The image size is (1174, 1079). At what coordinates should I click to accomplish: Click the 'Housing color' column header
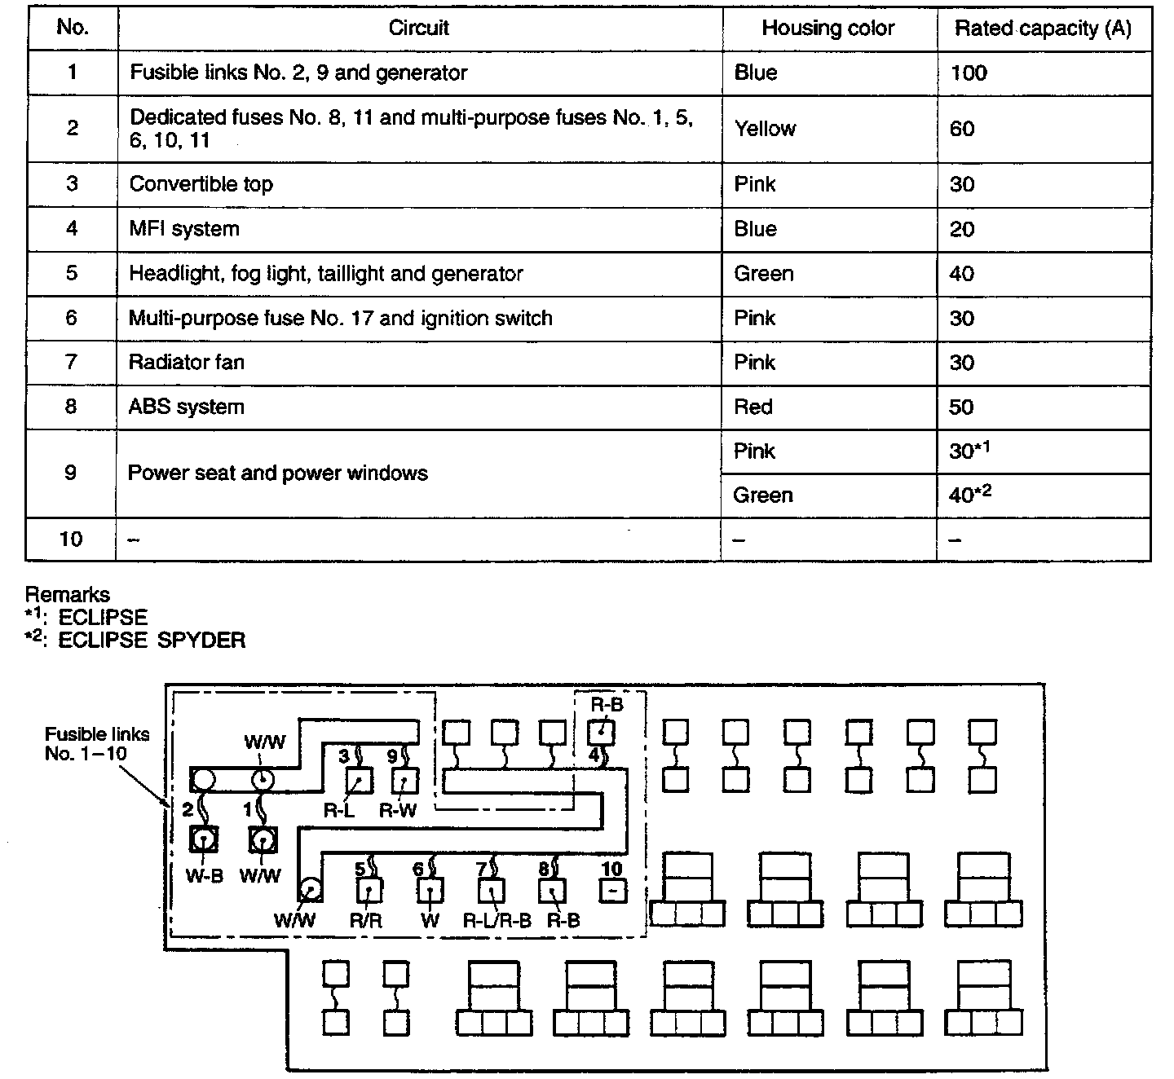(x=828, y=29)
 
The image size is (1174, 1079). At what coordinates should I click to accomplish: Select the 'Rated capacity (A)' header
(x=1043, y=29)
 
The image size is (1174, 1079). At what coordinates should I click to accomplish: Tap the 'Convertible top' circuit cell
(x=201, y=184)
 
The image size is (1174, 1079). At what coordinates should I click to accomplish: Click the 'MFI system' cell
(x=184, y=229)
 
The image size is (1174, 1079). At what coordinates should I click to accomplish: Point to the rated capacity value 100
(x=969, y=73)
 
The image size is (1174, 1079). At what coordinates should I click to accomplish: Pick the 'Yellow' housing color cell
(x=765, y=129)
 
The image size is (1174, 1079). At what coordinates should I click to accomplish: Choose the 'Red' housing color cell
(x=753, y=407)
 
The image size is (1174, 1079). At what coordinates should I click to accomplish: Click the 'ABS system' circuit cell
(x=187, y=407)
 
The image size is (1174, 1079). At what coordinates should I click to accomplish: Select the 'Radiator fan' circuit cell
(x=187, y=362)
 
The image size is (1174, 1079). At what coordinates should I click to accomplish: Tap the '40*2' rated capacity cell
(x=970, y=495)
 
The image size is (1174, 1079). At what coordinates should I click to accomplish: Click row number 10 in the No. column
(x=71, y=539)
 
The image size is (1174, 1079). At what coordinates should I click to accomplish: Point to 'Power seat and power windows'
(x=278, y=473)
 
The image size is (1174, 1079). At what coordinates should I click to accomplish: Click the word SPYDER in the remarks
(x=201, y=640)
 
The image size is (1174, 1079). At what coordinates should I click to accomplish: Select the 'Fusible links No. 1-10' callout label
(x=97, y=743)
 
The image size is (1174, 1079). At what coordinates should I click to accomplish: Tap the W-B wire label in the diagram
(x=204, y=877)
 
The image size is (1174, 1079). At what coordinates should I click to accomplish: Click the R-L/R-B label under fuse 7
(x=497, y=921)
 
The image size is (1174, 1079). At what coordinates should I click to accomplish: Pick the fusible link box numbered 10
(x=613, y=891)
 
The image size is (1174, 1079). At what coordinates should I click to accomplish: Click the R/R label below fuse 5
(x=366, y=921)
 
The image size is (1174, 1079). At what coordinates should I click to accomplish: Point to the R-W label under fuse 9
(x=399, y=810)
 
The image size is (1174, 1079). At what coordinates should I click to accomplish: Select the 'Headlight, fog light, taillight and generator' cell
(x=326, y=274)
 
